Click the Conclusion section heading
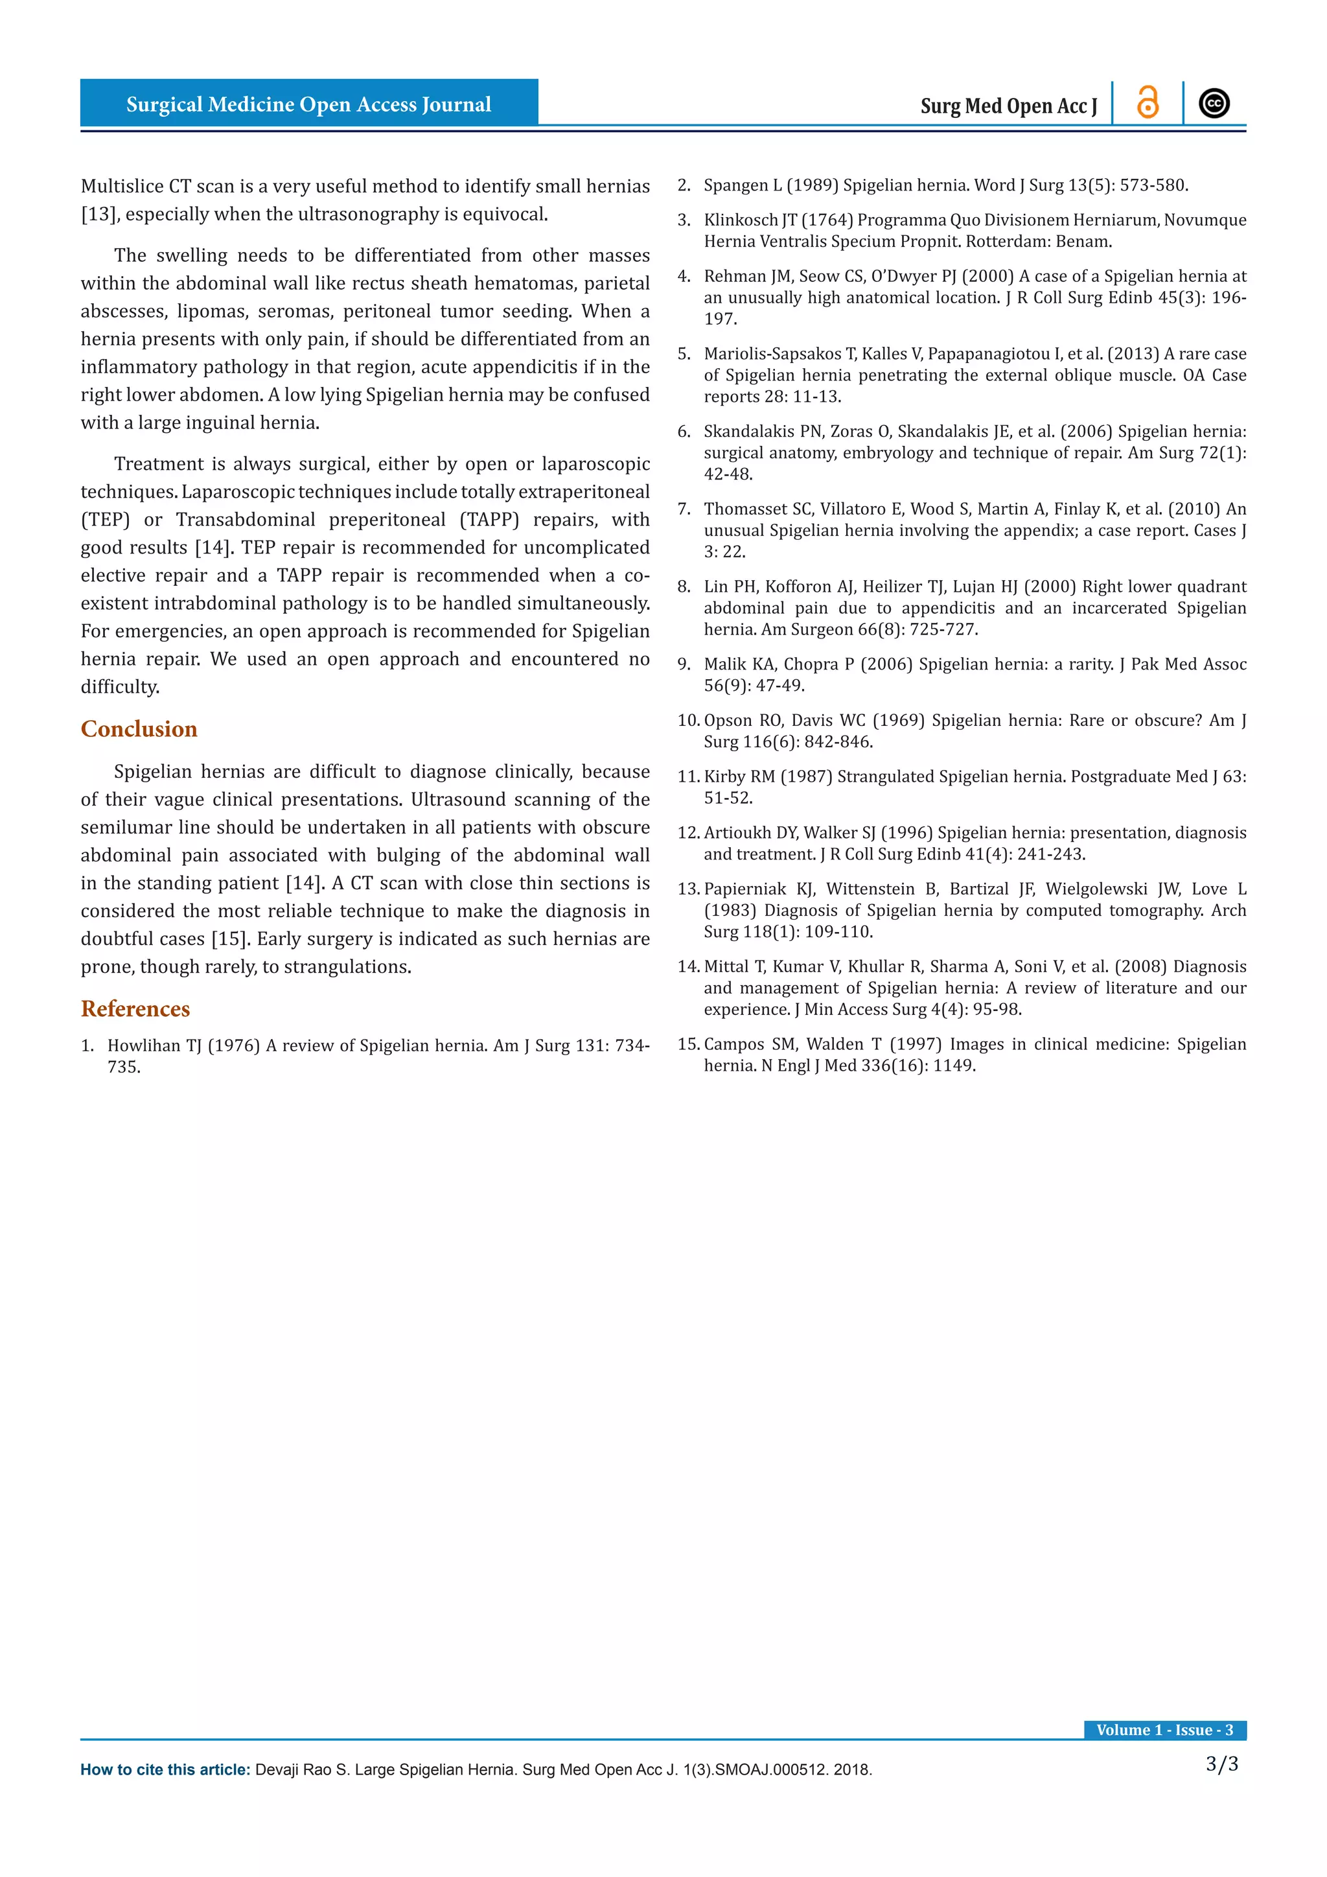[139, 729]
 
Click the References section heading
[135, 1008]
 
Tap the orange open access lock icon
[1148, 104]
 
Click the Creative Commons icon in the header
[1214, 104]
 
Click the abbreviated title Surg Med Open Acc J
[1008, 106]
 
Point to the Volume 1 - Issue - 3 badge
[1164, 1730]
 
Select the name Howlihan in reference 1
[144, 1045]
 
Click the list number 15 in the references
[688, 1044]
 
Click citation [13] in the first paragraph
[100, 214]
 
